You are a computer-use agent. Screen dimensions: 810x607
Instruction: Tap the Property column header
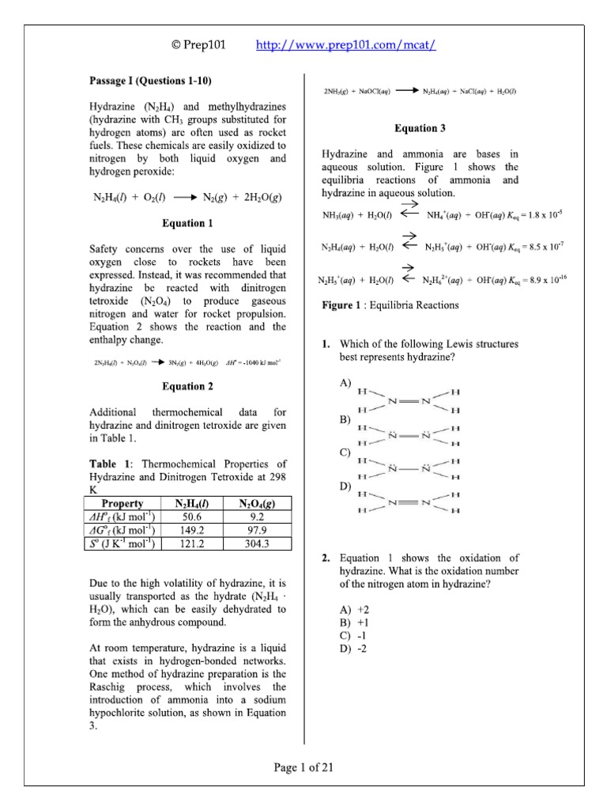click(x=123, y=503)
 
